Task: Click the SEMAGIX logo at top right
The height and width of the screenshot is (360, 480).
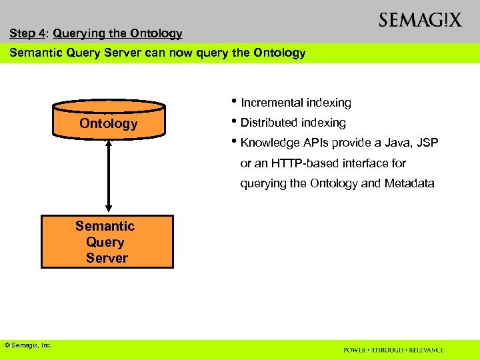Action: click(419, 20)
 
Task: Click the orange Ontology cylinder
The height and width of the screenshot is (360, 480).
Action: click(108, 119)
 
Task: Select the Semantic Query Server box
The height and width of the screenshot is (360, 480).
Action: click(107, 241)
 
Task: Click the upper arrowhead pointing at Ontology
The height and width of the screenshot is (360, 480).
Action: click(108, 143)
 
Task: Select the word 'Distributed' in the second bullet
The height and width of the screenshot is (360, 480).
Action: click(269, 123)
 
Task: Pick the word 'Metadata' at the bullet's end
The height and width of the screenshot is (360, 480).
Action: click(409, 183)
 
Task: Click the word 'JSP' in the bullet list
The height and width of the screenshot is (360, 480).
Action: click(426, 143)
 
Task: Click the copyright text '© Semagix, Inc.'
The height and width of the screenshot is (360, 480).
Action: click(28, 345)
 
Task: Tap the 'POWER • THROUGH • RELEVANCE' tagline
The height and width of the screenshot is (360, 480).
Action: click(393, 350)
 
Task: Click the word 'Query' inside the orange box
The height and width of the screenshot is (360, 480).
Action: click(105, 242)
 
